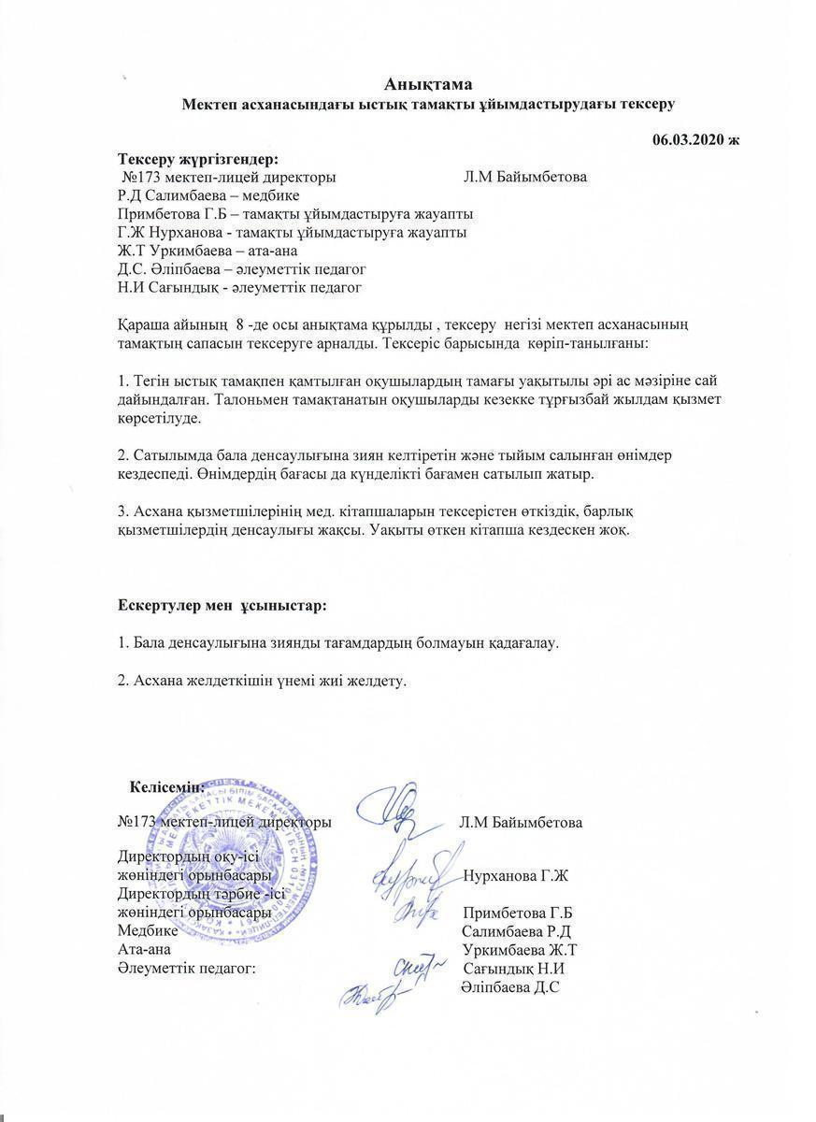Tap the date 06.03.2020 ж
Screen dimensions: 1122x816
point(695,140)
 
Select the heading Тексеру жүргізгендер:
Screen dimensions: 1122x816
point(198,158)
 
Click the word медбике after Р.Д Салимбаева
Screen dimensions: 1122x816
point(272,195)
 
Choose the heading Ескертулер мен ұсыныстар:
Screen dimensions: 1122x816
point(222,606)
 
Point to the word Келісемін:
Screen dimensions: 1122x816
point(167,787)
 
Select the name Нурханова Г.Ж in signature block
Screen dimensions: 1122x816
point(516,876)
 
